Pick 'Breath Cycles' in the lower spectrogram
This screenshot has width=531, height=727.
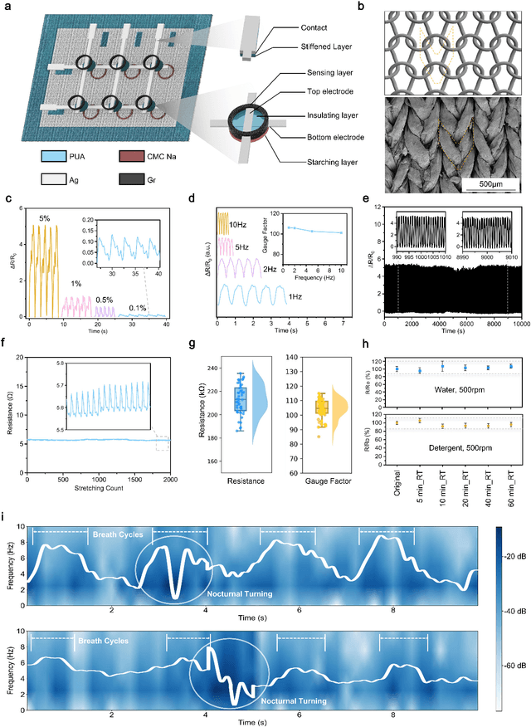coord(100,642)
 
